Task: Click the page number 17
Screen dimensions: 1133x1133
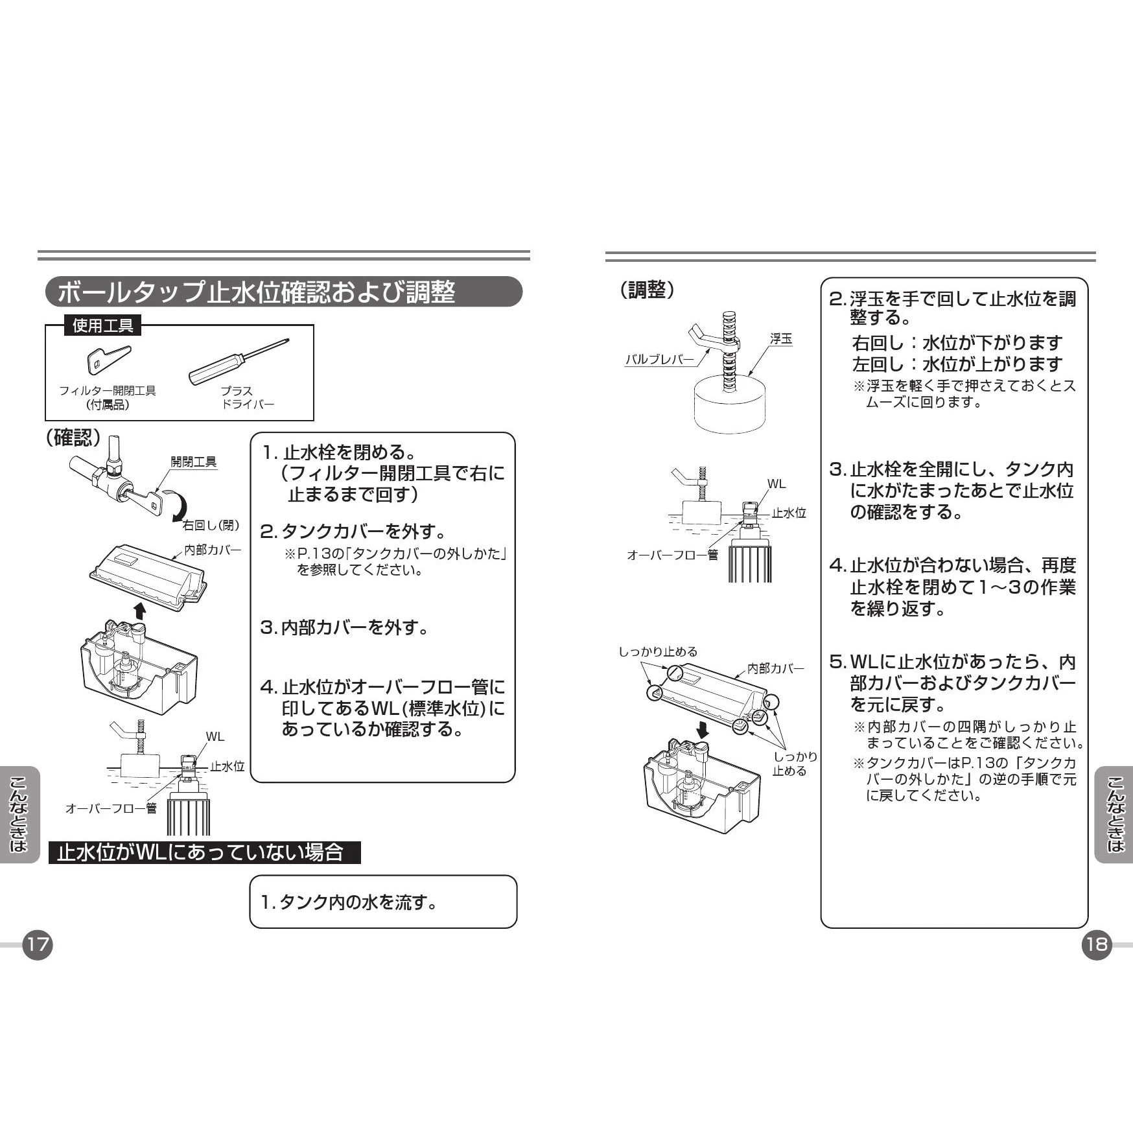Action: [x=38, y=944]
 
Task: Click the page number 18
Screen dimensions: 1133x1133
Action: [x=1096, y=944]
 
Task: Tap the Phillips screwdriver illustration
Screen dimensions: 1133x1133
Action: [x=239, y=361]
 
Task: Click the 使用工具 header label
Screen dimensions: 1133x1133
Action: [x=102, y=325]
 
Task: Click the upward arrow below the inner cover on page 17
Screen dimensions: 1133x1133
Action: [x=139, y=611]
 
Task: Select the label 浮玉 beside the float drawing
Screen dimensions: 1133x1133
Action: [x=780, y=339]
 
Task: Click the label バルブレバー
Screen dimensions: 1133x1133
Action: [x=659, y=359]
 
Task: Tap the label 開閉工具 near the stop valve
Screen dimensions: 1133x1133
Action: [x=193, y=461]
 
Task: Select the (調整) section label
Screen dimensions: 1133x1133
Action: [x=647, y=290]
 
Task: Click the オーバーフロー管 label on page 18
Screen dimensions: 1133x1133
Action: [x=672, y=555]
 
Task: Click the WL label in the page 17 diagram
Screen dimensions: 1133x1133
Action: [x=215, y=736]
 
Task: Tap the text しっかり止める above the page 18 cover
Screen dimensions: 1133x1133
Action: [x=658, y=651]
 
